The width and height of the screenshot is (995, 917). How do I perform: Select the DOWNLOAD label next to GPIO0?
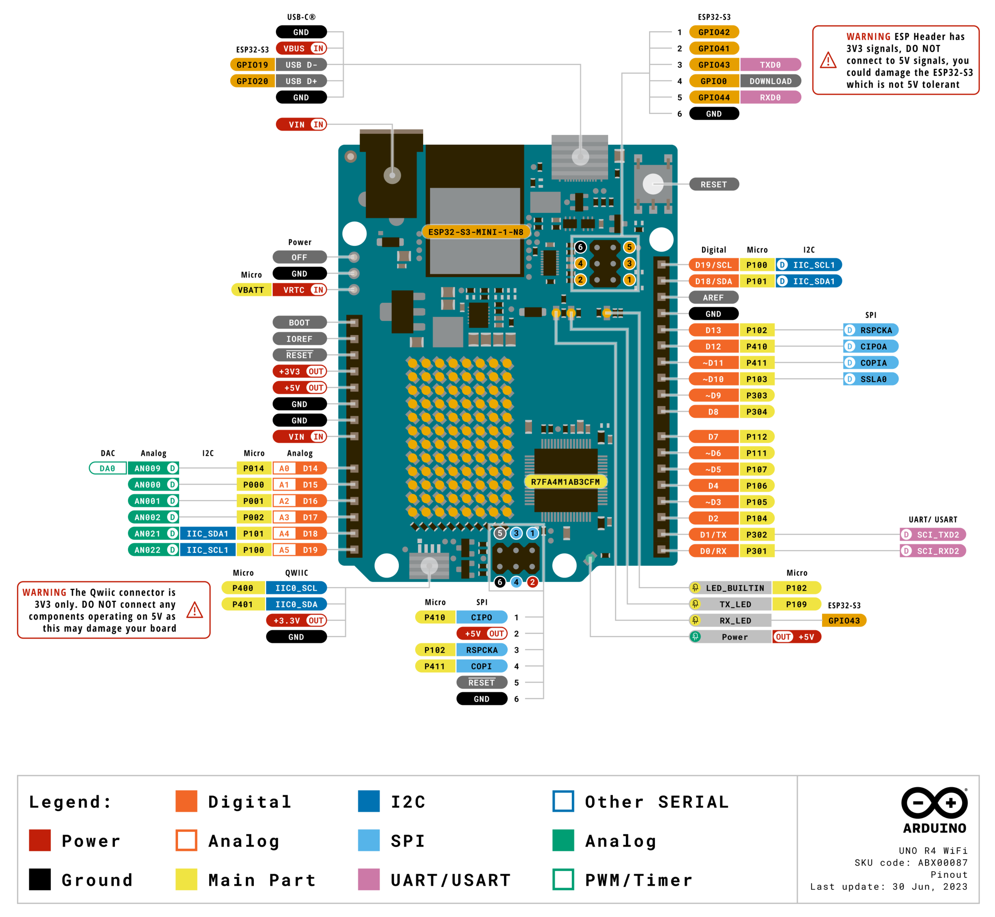[770, 81]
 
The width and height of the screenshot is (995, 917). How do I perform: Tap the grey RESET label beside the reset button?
[714, 184]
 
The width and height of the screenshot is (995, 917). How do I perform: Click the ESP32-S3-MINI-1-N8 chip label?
[475, 232]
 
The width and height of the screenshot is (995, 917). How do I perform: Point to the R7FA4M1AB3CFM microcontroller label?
[565, 482]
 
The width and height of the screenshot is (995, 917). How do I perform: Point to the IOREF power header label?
[299, 339]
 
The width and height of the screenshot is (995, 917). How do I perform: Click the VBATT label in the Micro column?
[251, 290]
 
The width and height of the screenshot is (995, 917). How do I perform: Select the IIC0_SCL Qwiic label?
[296, 588]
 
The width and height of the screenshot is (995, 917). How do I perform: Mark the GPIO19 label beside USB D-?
[252, 65]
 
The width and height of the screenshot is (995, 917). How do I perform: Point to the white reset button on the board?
[653, 184]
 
